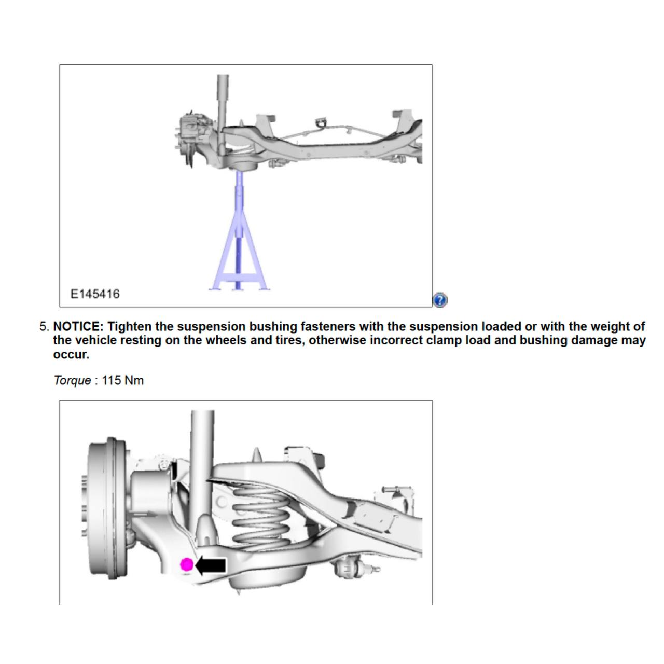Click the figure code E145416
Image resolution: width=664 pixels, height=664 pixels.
[95, 294]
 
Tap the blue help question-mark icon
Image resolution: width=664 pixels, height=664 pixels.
[439, 300]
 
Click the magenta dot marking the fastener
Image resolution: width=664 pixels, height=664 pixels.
[187, 565]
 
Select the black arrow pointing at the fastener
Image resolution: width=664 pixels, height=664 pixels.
[211, 565]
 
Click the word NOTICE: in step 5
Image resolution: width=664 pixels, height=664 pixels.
[78, 327]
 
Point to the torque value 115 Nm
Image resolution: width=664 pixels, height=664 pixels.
[122, 380]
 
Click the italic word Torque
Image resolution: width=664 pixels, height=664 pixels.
[72, 380]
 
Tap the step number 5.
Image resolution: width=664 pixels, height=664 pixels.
[44, 327]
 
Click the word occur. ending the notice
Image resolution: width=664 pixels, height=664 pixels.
[71, 355]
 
